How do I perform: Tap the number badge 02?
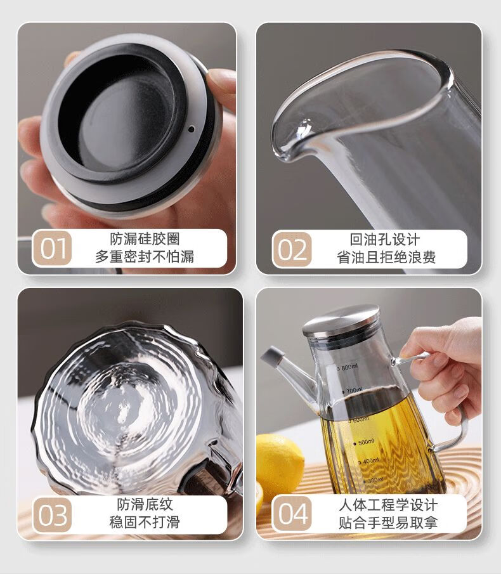(292, 249)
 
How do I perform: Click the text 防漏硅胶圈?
(145, 239)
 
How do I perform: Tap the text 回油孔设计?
(385, 240)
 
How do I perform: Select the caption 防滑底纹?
(145, 504)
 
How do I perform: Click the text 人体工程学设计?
(388, 506)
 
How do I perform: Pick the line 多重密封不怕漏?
(145, 257)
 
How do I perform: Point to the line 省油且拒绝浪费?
(386, 258)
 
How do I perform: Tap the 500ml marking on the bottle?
(364, 442)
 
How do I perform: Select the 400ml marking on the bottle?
(369, 461)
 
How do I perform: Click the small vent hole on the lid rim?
(191, 129)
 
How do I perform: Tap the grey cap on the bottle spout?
(273, 356)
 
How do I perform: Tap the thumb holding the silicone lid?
(222, 86)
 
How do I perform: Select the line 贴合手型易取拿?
(388, 523)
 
